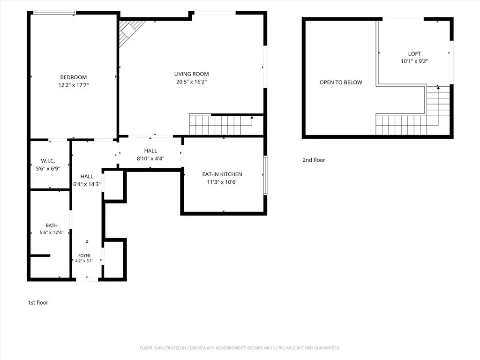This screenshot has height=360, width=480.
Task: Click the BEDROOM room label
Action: (74, 77)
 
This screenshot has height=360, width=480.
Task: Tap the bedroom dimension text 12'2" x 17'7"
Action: (74, 85)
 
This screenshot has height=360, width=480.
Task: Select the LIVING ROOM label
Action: (192, 74)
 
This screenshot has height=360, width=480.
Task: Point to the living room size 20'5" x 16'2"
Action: (192, 82)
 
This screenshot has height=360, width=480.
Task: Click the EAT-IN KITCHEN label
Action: (222, 174)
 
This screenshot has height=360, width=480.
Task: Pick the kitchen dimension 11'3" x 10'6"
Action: (222, 182)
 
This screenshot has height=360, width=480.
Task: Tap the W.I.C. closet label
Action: (48, 161)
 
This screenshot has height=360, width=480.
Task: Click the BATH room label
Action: (52, 225)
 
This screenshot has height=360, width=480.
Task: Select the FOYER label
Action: (84, 255)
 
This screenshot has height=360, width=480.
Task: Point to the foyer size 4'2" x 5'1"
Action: (84, 261)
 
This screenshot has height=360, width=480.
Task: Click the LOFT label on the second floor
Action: (414, 54)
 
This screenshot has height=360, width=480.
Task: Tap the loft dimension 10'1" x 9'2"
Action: (414, 61)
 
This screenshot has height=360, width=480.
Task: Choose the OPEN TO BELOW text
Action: (341, 82)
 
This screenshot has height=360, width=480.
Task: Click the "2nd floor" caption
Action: (314, 160)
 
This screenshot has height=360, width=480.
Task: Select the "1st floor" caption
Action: (38, 302)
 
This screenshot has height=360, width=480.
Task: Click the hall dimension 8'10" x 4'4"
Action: (150, 158)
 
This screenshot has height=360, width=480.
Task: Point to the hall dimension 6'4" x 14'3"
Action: (87, 184)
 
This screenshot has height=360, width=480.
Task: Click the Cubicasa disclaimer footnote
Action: (240, 348)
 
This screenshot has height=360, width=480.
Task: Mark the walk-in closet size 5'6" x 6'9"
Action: (48, 169)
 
